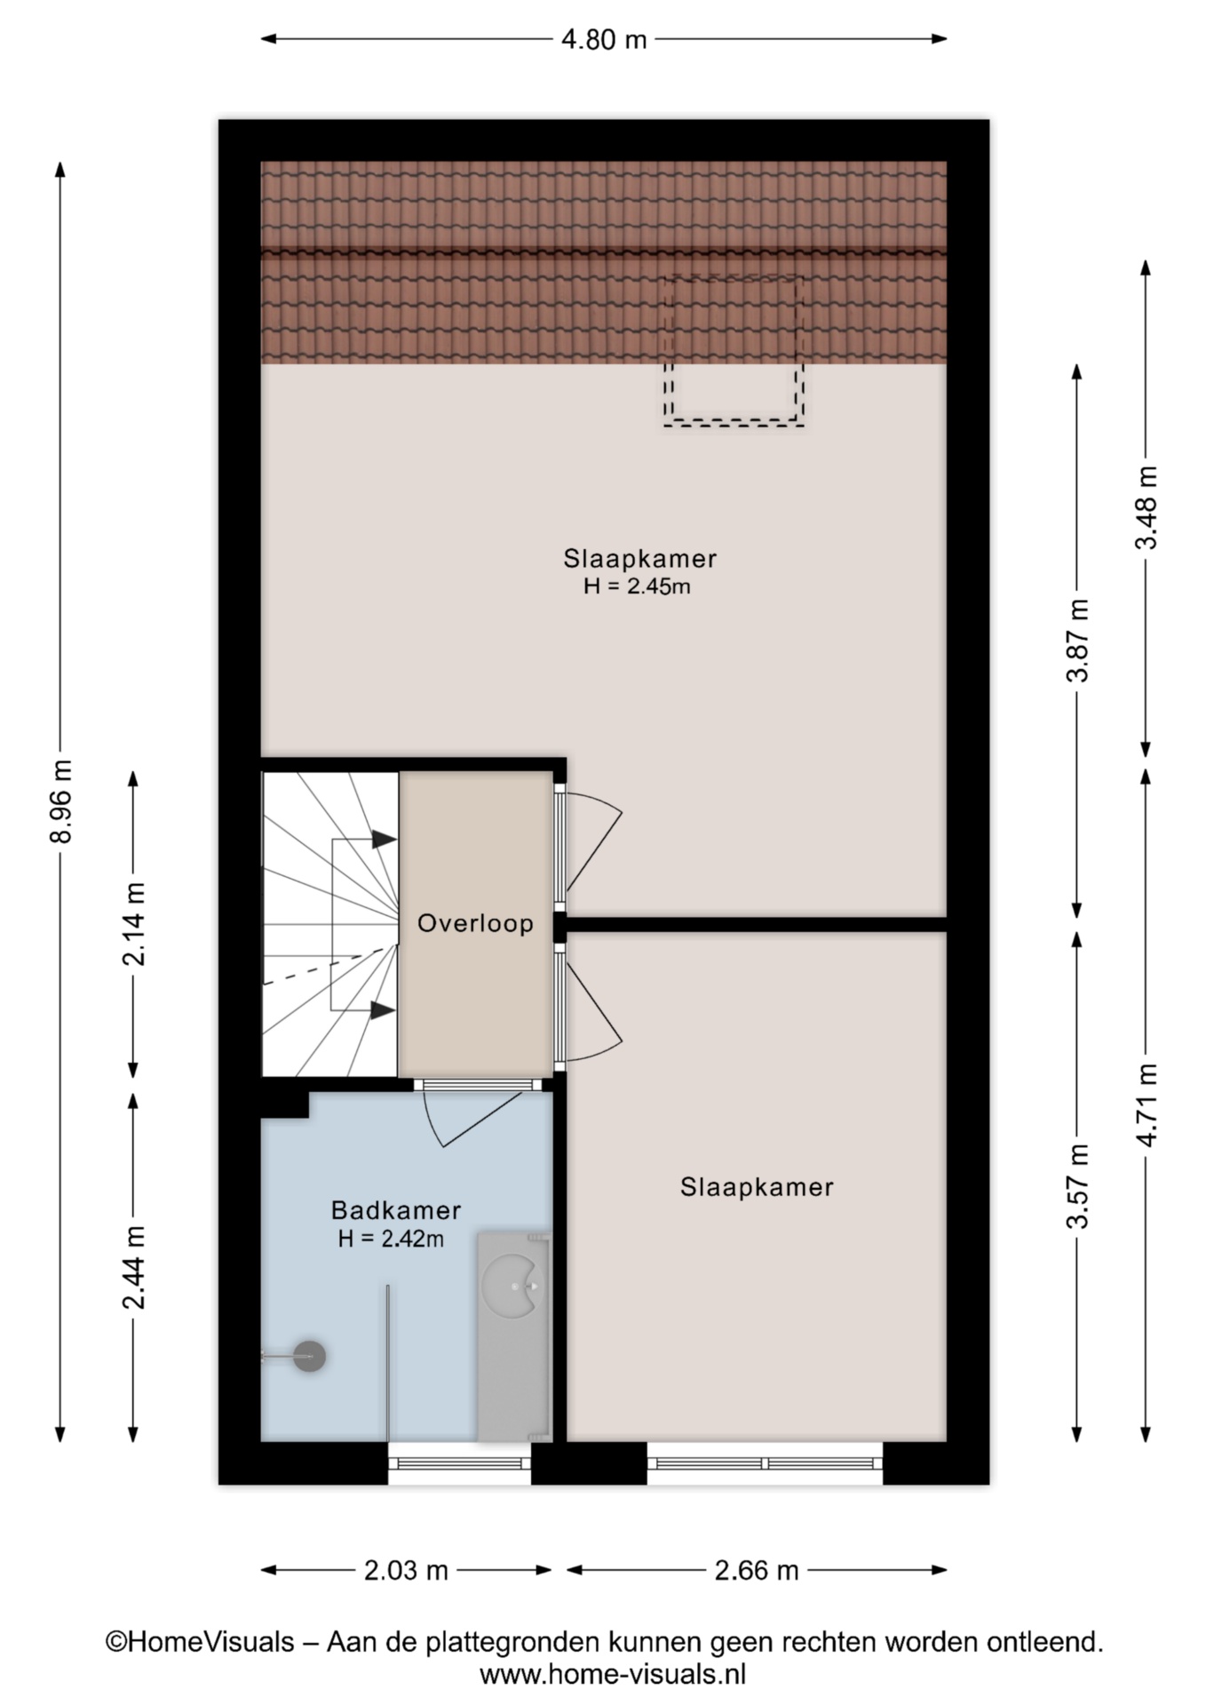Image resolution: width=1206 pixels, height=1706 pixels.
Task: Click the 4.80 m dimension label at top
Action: pos(603,39)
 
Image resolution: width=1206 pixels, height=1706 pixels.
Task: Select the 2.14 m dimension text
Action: pos(134,924)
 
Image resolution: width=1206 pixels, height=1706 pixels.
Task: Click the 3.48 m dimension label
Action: pos(1146,507)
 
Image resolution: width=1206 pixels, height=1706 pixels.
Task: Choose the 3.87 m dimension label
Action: pos(1077,641)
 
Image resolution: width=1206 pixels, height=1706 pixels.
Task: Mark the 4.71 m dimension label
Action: pos(1146,1104)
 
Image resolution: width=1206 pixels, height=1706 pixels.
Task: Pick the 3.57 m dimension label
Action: pos(1077,1186)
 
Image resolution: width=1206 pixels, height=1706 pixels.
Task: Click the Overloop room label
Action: pos(475,923)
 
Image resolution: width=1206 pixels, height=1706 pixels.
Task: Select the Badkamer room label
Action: pos(395,1209)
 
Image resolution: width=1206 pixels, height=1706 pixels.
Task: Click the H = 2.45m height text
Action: pos(637,586)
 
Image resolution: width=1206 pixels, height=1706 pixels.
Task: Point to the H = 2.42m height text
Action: pos(391,1239)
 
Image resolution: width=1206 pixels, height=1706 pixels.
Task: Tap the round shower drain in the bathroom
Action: pos(310,1356)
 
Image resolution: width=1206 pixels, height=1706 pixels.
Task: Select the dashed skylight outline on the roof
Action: pos(734,351)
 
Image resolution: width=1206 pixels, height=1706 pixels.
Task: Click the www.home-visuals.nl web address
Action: pos(612,1675)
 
